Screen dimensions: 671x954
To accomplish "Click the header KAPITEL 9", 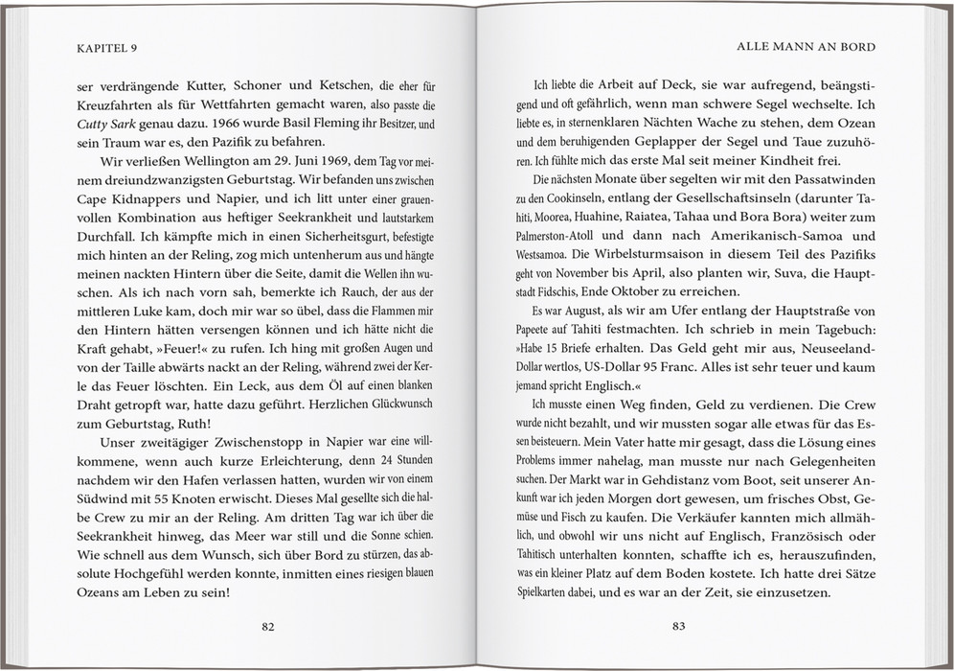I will pos(108,46).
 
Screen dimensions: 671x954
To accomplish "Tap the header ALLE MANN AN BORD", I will pos(806,46).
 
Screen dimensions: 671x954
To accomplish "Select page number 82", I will pos(268,627).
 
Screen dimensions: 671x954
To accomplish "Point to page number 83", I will pos(678,627).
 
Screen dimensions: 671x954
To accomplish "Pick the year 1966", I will pos(216,124).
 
